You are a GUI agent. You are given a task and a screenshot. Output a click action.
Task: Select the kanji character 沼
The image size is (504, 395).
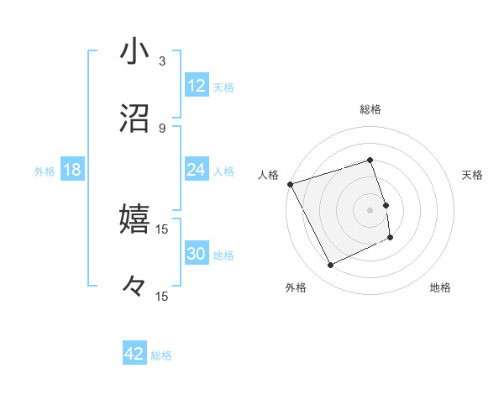134,119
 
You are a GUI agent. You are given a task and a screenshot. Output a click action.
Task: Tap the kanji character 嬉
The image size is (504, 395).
134,219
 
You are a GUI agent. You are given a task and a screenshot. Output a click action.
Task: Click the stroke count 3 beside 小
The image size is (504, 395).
162,61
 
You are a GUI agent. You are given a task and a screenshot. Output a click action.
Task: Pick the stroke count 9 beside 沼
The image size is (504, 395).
162,129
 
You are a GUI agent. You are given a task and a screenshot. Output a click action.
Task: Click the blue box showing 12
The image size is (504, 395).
197,86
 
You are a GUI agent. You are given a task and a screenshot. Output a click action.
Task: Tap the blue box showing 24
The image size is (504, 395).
197,170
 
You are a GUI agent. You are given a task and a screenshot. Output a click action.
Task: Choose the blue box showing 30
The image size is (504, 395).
197,254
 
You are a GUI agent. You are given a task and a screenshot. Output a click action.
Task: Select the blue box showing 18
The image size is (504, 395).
72,170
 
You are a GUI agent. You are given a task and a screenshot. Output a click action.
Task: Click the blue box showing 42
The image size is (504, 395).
134,354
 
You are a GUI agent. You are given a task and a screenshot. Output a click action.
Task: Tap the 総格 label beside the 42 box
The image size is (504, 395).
161,355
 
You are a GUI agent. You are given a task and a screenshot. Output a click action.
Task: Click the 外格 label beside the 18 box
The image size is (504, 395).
45,171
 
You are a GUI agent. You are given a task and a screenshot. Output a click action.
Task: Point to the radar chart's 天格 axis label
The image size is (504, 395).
473,175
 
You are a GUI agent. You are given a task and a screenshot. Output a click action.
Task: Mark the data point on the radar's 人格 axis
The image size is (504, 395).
291,184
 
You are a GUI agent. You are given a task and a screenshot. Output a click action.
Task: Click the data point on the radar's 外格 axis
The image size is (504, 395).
330,266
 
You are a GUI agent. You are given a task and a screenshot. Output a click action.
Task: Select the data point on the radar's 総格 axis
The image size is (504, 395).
370,160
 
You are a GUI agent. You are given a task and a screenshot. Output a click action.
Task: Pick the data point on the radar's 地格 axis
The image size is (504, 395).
391,238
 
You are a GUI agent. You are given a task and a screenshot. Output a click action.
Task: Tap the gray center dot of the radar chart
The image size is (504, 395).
370,210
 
